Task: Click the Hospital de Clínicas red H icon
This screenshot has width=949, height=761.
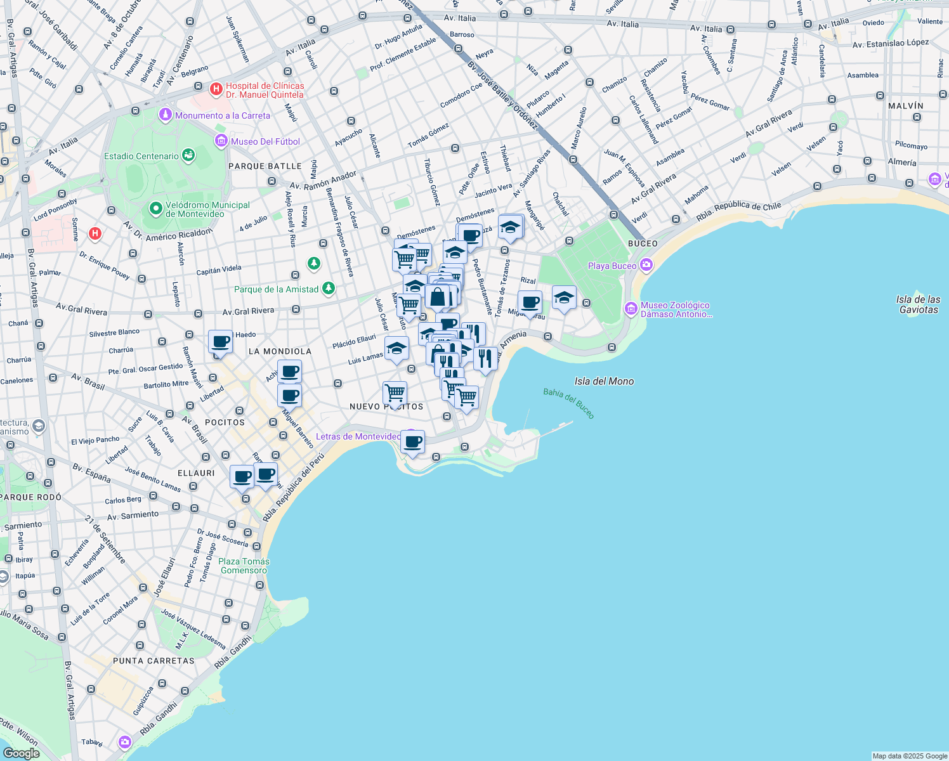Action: (216, 89)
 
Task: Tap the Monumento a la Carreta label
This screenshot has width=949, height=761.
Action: (222, 115)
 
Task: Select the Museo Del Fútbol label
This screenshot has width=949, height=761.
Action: (265, 141)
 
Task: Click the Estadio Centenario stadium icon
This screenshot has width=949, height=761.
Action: (188, 155)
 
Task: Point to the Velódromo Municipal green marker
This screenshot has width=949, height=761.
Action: (155, 208)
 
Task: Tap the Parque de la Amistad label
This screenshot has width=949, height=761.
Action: (276, 289)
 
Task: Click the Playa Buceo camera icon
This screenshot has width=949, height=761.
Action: (646, 265)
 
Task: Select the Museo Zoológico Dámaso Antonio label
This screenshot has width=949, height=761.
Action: (675, 309)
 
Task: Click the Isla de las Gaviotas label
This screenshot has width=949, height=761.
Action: (918, 304)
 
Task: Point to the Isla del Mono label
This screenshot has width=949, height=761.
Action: (604, 381)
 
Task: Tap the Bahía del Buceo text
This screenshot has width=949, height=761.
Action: (569, 403)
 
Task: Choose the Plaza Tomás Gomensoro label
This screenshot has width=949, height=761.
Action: (244, 566)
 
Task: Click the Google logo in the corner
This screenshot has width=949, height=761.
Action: (22, 753)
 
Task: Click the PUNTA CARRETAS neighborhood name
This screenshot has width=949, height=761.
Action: (154, 661)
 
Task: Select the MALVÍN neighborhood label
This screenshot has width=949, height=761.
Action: (905, 106)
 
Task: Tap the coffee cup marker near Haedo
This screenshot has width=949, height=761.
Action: (220, 342)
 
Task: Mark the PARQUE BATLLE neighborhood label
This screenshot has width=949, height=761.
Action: (265, 166)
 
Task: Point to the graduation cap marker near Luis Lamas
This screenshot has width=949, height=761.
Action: (396, 348)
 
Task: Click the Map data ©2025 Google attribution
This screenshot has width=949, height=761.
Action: (909, 756)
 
